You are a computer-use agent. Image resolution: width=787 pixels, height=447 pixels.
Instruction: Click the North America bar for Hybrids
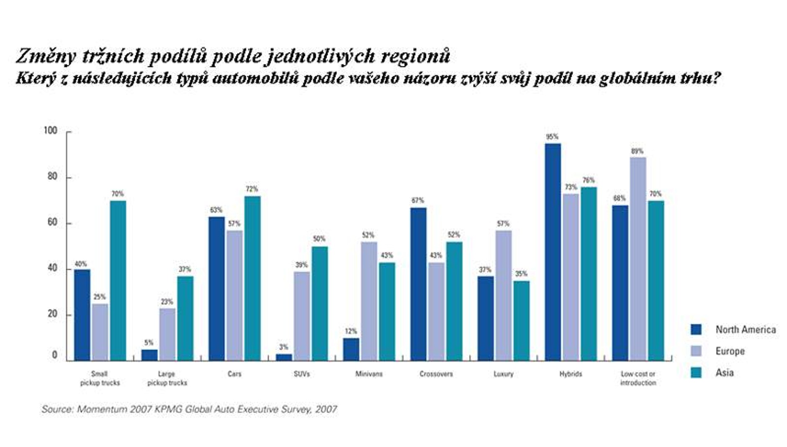pyautogui.click(x=553, y=252)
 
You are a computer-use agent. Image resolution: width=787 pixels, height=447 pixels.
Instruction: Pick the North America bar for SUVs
pyautogui.click(x=284, y=357)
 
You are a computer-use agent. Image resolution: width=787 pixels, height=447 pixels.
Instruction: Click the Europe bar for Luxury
pyautogui.click(x=503, y=295)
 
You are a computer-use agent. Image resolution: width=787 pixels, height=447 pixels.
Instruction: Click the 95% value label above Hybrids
pyautogui.click(x=552, y=137)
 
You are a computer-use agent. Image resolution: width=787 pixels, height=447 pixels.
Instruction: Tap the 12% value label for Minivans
pyautogui.click(x=351, y=331)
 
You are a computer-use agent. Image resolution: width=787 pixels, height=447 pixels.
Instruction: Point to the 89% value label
pyautogui.click(x=637, y=151)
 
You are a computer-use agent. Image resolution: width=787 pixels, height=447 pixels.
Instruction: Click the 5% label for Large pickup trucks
pyautogui.click(x=149, y=343)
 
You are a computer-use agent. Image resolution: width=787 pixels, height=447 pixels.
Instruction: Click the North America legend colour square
pyautogui.click(x=696, y=330)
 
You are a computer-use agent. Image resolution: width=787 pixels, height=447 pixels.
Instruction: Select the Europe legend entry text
pyautogui.click(x=730, y=351)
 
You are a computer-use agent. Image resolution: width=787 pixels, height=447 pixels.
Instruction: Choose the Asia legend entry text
pyautogui.click(x=725, y=372)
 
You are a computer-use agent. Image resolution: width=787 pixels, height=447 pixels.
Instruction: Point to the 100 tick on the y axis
pyautogui.click(x=51, y=131)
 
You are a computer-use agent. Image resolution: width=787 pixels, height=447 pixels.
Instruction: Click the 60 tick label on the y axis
pyautogui.click(x=52, y=222)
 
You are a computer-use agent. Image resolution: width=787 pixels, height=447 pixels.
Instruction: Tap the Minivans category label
pyautogui.click(x=369, y=374)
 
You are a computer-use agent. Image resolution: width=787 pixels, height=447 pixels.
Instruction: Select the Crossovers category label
pyautogui.click(x=436, y=374)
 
